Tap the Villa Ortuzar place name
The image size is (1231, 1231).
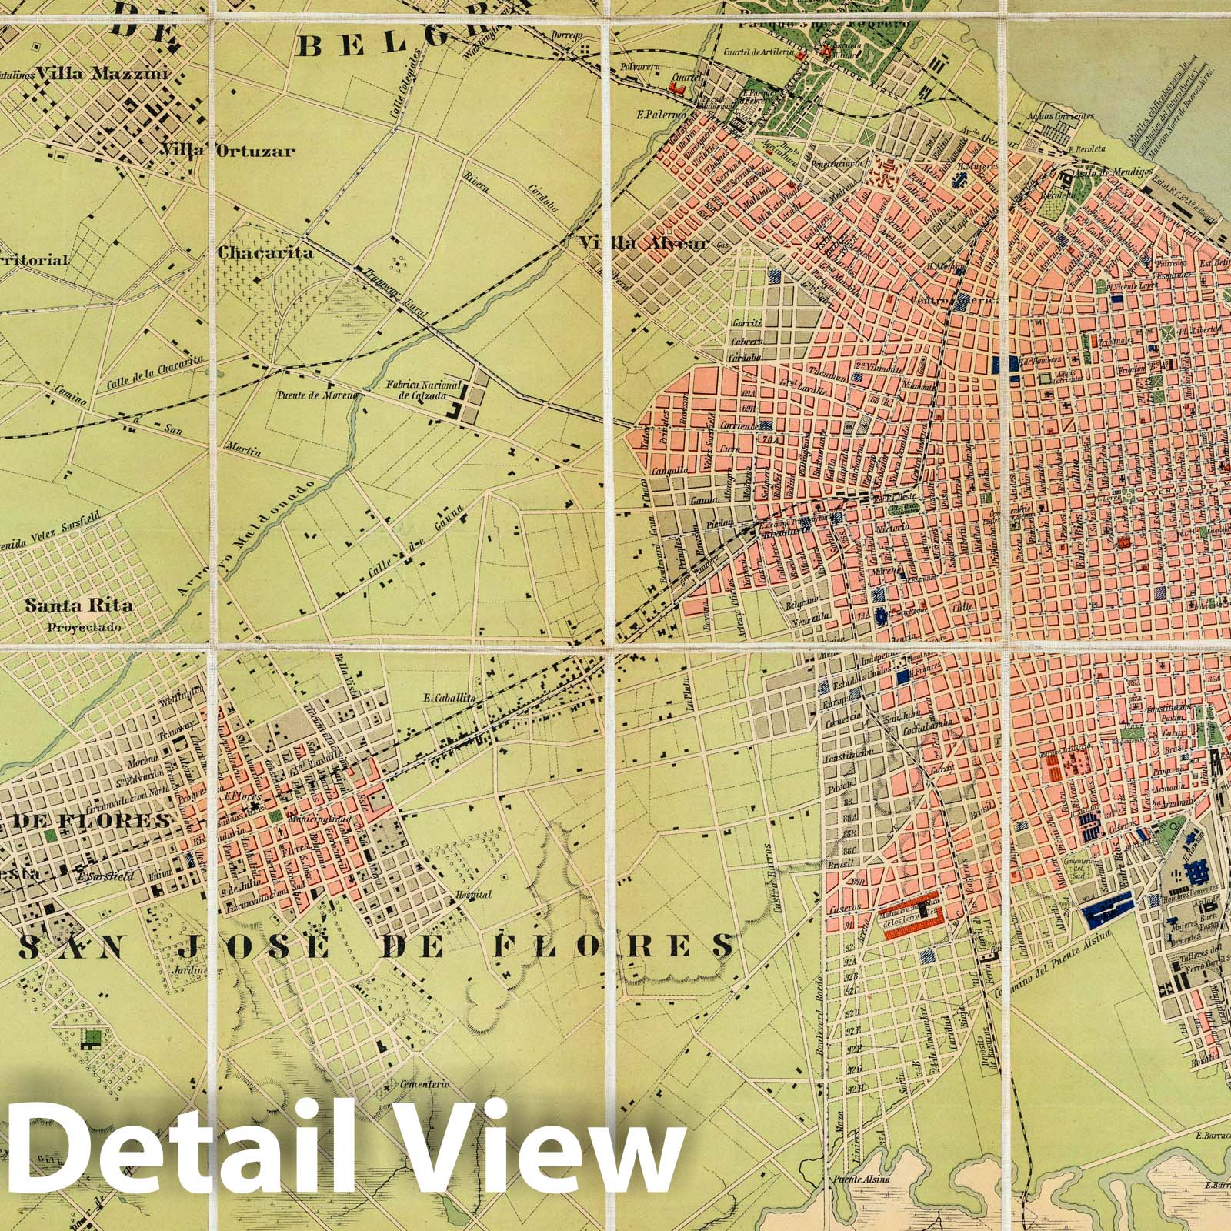(227, 151)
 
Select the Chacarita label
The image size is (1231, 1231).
(254, 252)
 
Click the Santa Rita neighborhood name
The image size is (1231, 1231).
(78, 605)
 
